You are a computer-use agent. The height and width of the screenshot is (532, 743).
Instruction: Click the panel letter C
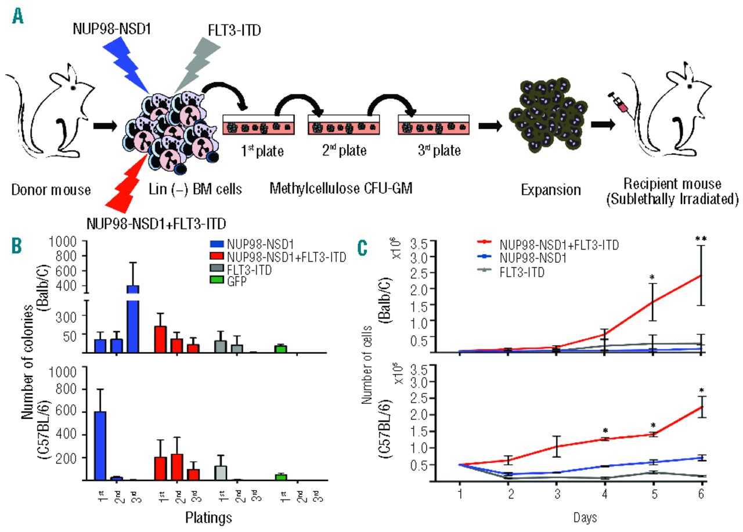tap(363, 248)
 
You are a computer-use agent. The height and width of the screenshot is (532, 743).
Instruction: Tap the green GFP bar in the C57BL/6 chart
tap(282, 477)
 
